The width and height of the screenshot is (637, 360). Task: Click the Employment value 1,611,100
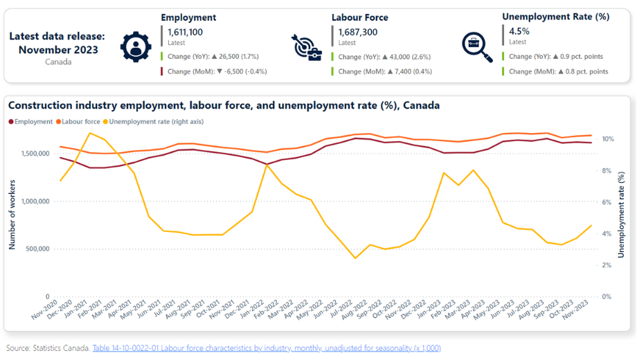185,32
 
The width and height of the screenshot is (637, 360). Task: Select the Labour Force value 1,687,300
357,32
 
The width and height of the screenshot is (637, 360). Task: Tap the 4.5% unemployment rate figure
519,31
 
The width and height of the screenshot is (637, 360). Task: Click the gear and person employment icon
136,46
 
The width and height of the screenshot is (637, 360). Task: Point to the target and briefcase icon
306,48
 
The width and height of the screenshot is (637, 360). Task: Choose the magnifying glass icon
477,46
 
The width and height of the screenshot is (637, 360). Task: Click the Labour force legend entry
78,121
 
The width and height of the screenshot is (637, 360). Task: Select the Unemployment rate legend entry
153,121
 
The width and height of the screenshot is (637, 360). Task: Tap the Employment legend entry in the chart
30,121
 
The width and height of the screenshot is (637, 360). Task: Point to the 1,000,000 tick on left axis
35,201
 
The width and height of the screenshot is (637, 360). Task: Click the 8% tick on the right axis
606,171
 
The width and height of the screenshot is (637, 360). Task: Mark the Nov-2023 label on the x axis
576,309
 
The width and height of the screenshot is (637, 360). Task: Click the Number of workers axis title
12,215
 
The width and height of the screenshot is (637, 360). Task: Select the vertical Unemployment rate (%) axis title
621,215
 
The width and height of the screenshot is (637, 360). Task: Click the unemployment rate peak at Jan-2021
90,133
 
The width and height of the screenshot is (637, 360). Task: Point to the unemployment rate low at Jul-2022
355,258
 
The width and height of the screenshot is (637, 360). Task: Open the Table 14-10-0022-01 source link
267,348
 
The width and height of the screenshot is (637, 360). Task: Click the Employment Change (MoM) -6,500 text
217,71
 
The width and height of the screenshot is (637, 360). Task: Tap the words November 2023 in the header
58,50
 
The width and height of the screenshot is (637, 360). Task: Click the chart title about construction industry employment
224,106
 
